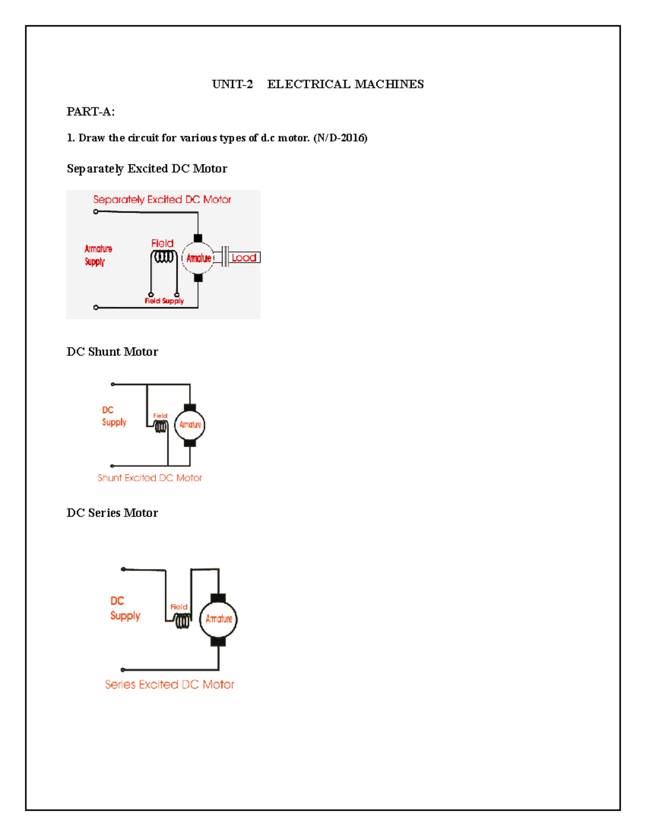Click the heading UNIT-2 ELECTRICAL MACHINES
318,84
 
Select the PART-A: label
90,111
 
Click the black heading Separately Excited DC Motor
146,168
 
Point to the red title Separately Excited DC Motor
162,200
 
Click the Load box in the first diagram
244,258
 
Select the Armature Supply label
98,255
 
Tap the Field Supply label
164,301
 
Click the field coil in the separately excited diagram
164,257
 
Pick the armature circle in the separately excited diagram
198,258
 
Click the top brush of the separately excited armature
198,238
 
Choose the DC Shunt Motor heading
112,352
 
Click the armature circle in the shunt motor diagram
190,425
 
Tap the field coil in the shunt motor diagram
160,426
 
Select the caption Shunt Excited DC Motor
150,477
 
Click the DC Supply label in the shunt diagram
114,416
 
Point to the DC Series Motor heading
112,512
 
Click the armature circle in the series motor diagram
219,619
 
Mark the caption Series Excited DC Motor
170,684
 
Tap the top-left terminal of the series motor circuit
123,569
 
